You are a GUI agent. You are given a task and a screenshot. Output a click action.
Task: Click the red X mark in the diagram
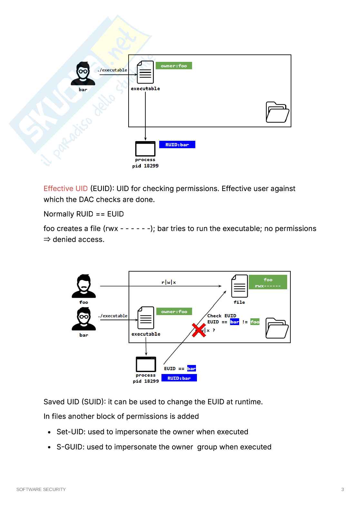[x=199, y=330]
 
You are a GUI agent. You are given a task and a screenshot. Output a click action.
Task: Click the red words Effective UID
[x=65, y=188]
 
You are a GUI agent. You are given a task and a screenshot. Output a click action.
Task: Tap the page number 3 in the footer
[x=343, y=489]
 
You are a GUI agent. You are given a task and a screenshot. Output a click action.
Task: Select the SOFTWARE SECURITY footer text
[x=41, y=489]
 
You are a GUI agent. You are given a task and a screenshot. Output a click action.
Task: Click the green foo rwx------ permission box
[x=268, y=282]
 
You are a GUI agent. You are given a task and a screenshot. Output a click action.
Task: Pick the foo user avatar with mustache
[x=84, y=286]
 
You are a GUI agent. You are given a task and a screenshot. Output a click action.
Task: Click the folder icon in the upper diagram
[x=277, y=112]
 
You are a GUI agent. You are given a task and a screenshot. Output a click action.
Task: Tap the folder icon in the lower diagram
[x=277, y=328]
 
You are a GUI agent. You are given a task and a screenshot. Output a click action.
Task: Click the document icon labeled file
[x=239, y=286]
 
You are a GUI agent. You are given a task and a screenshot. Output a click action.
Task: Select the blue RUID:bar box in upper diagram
[x=177, y=145]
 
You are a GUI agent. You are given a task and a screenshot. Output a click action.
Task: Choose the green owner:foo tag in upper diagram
[x=174, y=66]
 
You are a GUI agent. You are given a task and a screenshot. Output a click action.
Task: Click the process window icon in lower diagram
[x=146, y=364]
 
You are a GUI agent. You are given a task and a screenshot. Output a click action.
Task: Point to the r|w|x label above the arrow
[x=169, y=283]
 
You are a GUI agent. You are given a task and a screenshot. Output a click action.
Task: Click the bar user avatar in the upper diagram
[x=83, y=73]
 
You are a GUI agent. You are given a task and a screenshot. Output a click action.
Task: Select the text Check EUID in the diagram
[x=222, y=316]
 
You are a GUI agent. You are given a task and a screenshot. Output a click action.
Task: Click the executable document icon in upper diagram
[x=145, y=72]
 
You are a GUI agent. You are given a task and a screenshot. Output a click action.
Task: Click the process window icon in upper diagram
[x=145, y=149]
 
